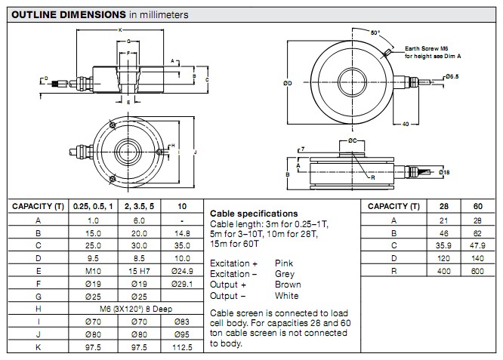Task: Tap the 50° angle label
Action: (375, 32)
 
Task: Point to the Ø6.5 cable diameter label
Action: (453, 76)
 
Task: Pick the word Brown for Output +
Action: (288, 285)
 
